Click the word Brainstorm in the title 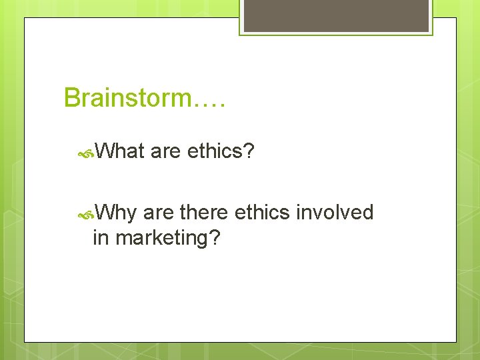pos(127,98)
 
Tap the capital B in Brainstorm pos(71,98)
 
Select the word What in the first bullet pos(120,151)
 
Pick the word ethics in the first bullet pos(215,151)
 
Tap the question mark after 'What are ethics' pos(249,151)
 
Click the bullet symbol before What pos(85,153)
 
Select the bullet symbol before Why pos(85,214)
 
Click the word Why pos(116,213)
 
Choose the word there pos(203,213)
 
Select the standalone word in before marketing pos(101,237)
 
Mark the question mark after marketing pos(215,237)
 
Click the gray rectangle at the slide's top pos(335,15)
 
